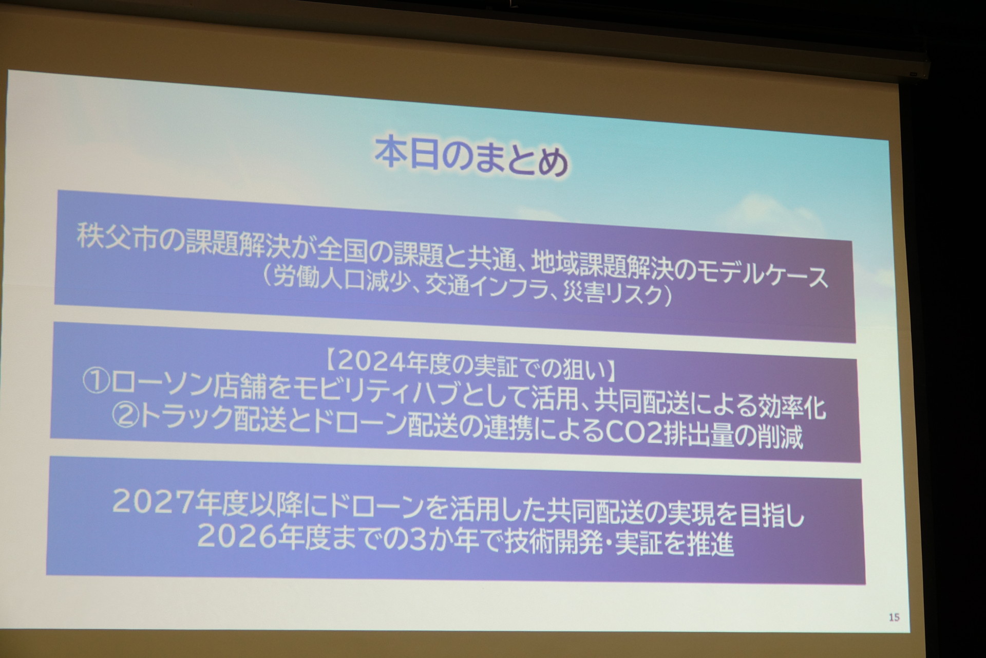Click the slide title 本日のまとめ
click(x=471, y=158)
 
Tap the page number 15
click(x=894, y=617)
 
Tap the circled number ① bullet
click(x=96, y=381)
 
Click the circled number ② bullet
click(x=126, y=414)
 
